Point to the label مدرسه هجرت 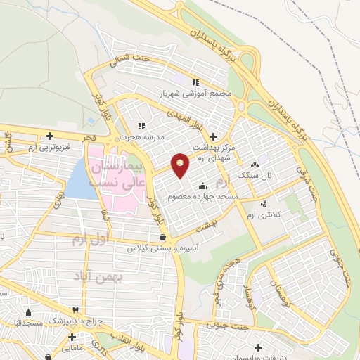pyautogui.click(x=141, y=136)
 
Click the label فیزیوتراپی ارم pyautogui.click(x=50, y=148)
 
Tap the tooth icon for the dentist pyautogui.click(x=75, y=309)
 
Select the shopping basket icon pyautogui.click(x=162, y=237)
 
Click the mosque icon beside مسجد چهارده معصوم pyautogui.click(x=203, y=186)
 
